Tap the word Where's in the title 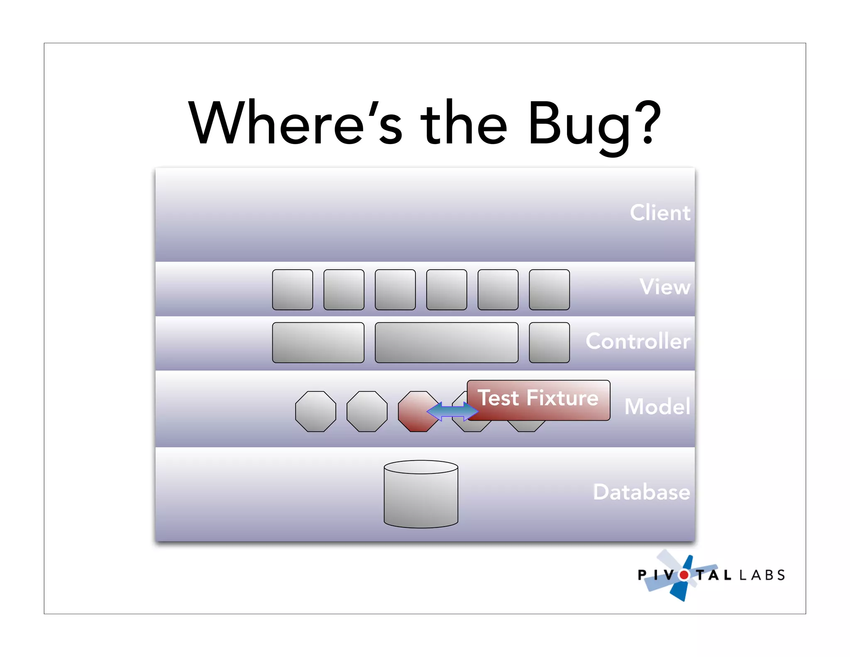point(295,123)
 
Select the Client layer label point(659,213)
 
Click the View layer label point(665,287)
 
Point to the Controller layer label point(638,341)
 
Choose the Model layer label point(657,406)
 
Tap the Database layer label point(641,492)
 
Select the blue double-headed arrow point(452,411)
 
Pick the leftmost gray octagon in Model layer point(315,412)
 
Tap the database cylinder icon point(421,494)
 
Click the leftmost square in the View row point(293,290)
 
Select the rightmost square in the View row point(549,290)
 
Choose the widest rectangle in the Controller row point(447,343)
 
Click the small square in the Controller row point(549,343)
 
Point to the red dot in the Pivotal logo point(684,575)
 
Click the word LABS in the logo point(762,575)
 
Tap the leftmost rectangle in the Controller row point(318,343)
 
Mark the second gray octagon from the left point(367,412)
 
